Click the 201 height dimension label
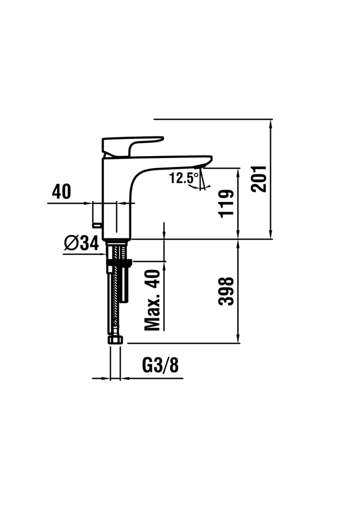point(259,179)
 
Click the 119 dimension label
point(226,203)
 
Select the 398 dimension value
point(226,291)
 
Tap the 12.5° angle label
point(184,178)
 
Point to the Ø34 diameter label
point(81,243)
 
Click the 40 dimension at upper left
point(61,192)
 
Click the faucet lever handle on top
point(131,145)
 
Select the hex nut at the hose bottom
point(115,339)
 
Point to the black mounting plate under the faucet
point(119,263)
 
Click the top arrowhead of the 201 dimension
point(270,124)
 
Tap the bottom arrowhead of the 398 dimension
point(238,339)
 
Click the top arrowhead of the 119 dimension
point(238,172)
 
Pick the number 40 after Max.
point(152,278)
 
